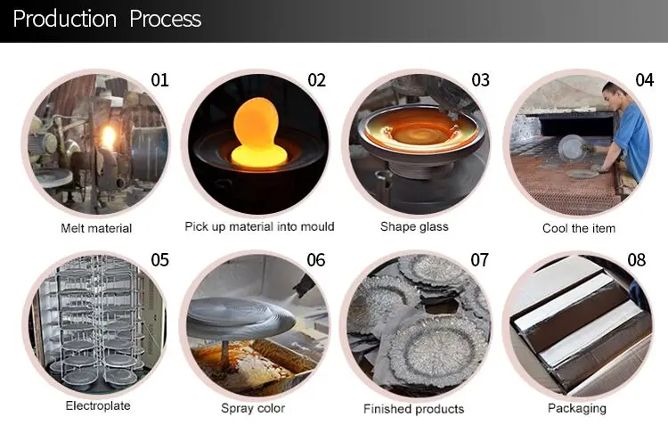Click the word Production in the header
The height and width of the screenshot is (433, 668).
coord(65,19)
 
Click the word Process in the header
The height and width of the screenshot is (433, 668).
coord(165,19)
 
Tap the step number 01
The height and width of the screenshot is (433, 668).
coord(159,80)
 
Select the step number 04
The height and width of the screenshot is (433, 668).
coord(644,80)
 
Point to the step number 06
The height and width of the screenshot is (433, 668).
coord(315,260)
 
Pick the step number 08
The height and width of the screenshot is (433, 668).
coord(637,260)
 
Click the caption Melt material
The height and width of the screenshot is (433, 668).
coord(96,228)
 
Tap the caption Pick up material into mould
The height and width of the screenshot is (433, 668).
coord(259,226)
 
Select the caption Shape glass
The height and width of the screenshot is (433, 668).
coord(414,226)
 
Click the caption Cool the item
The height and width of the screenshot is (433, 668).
coord(579,228)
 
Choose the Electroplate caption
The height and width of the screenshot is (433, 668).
coord(98,405)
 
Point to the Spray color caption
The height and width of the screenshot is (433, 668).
coord(253,408)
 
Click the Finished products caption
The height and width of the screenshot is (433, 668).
coord(413,409)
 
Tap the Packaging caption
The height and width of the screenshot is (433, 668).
coord(577,408)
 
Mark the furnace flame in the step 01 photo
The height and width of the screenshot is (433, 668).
coord(108,137)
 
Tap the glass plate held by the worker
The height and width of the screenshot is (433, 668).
coord(572,148)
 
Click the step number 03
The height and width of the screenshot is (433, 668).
coord(480,80)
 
